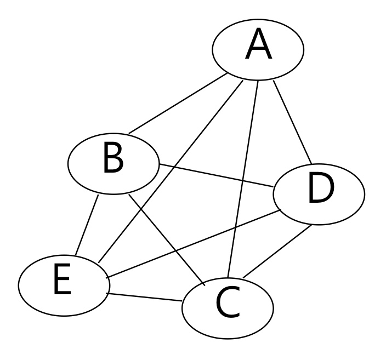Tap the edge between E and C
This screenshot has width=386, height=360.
(145, 297)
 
